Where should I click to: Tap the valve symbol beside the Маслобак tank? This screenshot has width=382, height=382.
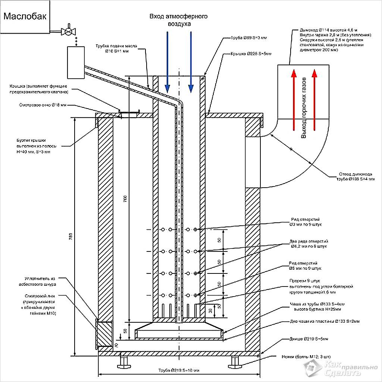pos(68,31)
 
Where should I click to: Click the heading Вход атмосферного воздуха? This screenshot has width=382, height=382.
pos(178,20)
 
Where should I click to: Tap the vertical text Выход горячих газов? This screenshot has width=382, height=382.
pos(304,108)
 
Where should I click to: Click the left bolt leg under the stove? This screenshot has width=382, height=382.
pos(124,361)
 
